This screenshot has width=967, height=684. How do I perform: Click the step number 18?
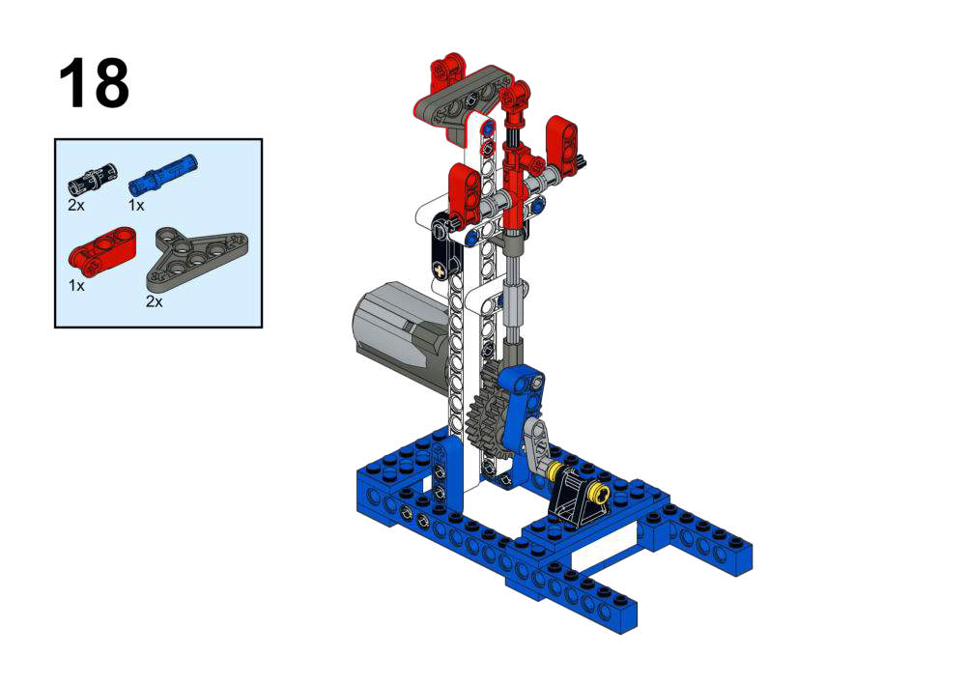pos(94,83)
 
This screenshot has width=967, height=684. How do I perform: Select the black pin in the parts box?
pos(92,178)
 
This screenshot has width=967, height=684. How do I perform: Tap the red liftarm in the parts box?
pos(101,248)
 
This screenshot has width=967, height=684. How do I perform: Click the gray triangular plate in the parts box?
pos(197,258)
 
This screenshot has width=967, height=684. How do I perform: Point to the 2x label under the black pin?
pos(76,205)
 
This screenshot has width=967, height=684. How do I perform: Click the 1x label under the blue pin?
pos(135,205)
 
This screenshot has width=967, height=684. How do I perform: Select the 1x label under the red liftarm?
pos(76,286)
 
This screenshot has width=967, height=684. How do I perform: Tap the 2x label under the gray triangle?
pos(155,301)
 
